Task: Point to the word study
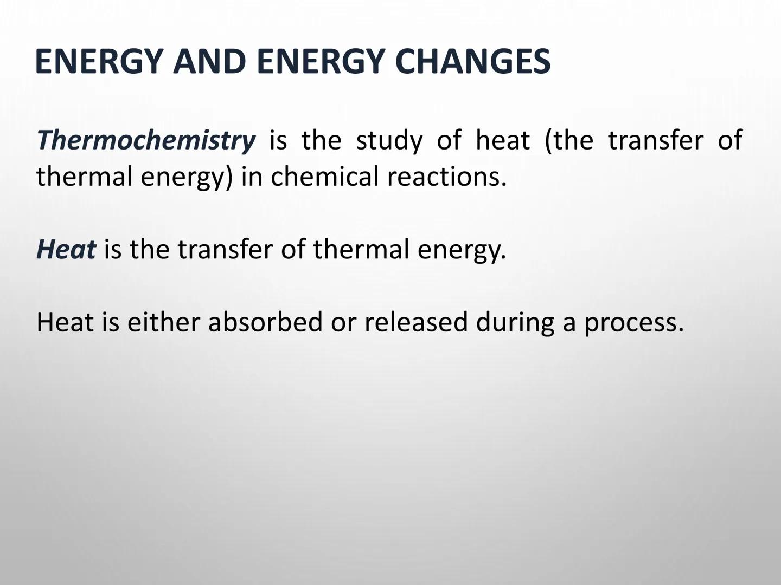tap(389, 140)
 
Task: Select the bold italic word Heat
tap(66, 249)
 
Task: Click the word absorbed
tap(265, 322)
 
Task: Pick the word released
tap(415, 322)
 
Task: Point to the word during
tap(515, 322)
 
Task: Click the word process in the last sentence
tap(633, 323)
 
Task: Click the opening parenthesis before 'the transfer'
tap(548, 141)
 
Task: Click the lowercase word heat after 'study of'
tap(502, 140)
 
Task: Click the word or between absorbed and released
tap(343, 322)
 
